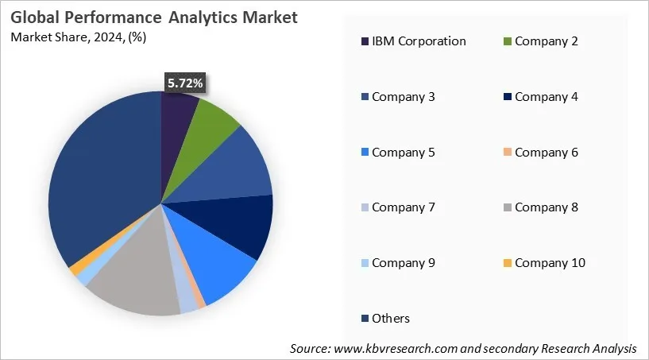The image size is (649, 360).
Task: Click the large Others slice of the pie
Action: [x=95, y=183]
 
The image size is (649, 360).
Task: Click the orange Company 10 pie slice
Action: [x=76, y=269]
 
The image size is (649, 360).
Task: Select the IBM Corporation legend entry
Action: [x=419, y=41]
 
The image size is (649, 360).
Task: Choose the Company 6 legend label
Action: [x=550, y=152]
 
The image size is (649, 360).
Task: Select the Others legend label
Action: [x=391, y=318]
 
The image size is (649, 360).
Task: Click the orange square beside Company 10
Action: [x=508, y=263]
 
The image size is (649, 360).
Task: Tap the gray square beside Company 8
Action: [x=508, y=207]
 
